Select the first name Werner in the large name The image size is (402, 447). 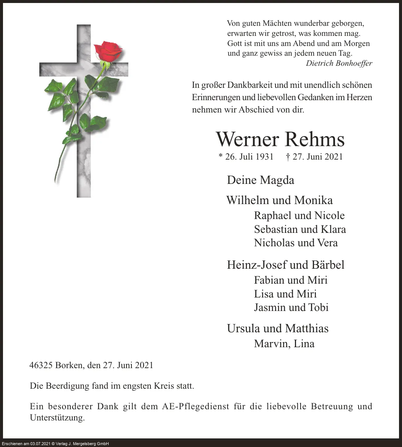click(x=247, y=139)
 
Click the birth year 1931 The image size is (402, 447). click(x=264, y=157)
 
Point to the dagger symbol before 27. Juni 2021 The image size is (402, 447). click(x=288, y=157)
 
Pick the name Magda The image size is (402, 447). click(x=278, y=180)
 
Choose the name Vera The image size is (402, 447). click(x=327, y=243)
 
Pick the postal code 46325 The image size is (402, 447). click(x=41, y=365)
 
